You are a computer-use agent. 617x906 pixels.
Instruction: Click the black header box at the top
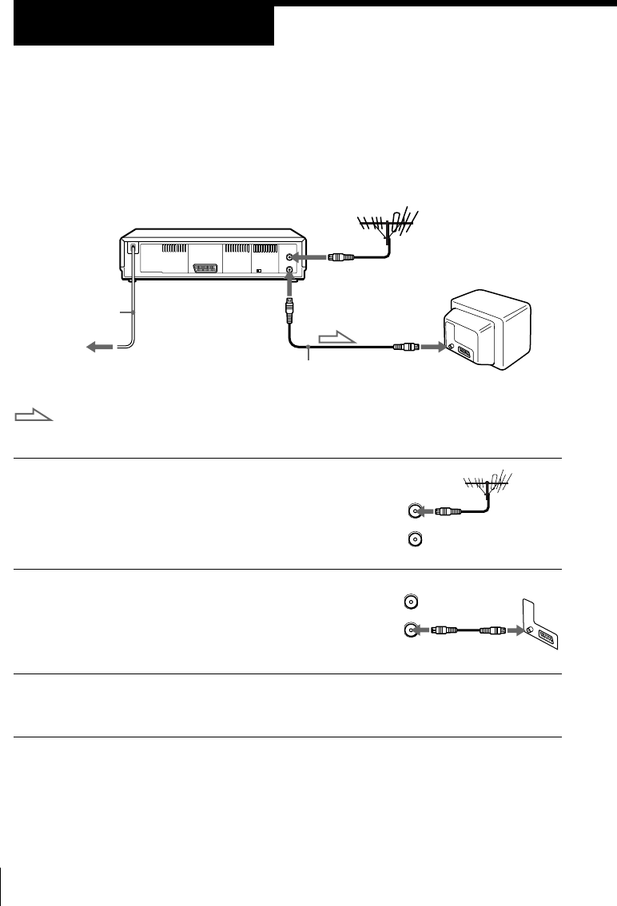coord(144,26)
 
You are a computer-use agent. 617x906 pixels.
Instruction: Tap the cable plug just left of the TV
coord(406,348)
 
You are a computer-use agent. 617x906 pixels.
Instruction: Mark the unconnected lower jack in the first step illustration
coord(413,540)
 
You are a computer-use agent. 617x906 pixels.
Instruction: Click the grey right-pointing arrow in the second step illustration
coord(508,630)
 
